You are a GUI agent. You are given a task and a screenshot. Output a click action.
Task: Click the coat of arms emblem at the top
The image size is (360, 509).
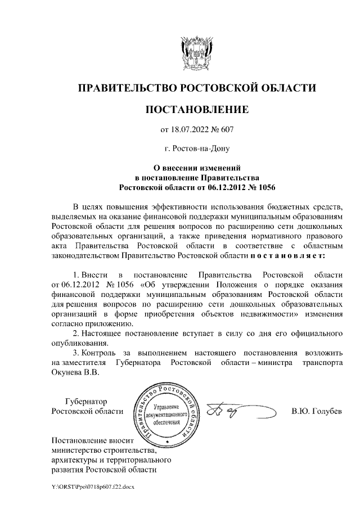(196, 53)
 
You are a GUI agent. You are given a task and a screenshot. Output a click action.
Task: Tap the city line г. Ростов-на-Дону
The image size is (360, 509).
(196, 150)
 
